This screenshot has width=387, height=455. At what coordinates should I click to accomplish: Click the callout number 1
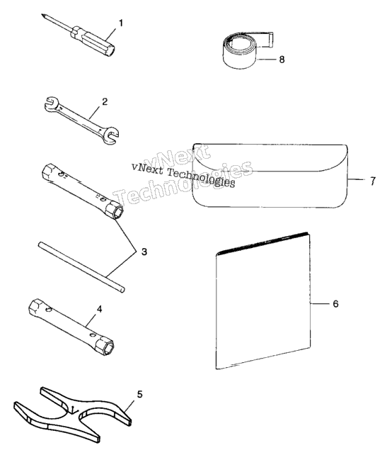click(121, 23)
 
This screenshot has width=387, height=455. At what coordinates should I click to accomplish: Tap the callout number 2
click(105, 102)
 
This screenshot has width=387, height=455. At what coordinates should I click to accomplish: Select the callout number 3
click(144, 252)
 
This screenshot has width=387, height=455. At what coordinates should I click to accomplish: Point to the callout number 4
click(99, 309)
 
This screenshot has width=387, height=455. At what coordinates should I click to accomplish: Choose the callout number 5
click(139, 395)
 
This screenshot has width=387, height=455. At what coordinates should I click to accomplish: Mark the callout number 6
click(335, 304)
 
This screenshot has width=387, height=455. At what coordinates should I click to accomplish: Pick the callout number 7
click(373, 181)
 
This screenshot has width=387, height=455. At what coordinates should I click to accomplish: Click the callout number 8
click(282, 60)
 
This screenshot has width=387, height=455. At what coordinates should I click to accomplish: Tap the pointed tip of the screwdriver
click(42, 14)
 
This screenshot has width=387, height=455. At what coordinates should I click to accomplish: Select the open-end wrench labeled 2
click(81, 120)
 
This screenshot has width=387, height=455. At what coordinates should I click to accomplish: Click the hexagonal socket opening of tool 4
click(106, 346)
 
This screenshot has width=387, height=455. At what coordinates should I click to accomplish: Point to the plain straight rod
click(81, 267)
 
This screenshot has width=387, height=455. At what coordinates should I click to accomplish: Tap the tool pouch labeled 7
click(270, 175)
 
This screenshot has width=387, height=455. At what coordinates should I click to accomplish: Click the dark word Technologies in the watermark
click(201, 177)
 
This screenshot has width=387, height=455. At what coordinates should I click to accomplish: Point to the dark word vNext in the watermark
click(147, 168)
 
